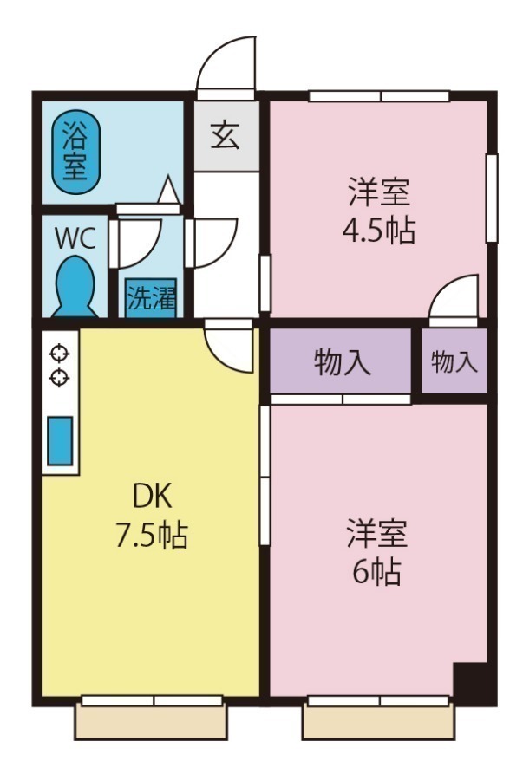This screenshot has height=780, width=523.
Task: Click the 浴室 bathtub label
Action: click(75, 151)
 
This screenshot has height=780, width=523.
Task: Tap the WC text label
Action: click(74, 238)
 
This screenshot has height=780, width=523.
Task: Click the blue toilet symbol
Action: click(75, 287)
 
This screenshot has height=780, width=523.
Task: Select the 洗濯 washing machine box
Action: click(152, 298)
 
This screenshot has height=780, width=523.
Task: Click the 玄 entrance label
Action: click(226, 136)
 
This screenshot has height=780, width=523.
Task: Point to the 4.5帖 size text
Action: click(380, 231)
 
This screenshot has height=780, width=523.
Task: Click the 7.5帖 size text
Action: click(152, 535)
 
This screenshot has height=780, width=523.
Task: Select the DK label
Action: click(153, 497)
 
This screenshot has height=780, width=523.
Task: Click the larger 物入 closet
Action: click(340, 362)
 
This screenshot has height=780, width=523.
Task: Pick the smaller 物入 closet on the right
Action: click(454, 362)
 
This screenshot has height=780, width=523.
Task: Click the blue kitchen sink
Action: click(60, 440)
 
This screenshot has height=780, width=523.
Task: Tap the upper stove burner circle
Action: click(59, 354)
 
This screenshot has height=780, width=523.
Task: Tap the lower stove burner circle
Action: click(59, 376)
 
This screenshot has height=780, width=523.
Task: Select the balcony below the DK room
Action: click(151, 721)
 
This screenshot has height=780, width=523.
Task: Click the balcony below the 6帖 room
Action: click(378, 722)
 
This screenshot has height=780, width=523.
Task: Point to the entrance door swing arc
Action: click(227, 63)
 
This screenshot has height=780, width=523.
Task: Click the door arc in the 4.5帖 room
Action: click(455, 298)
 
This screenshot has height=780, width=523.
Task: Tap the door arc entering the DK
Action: click(230, 347)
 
